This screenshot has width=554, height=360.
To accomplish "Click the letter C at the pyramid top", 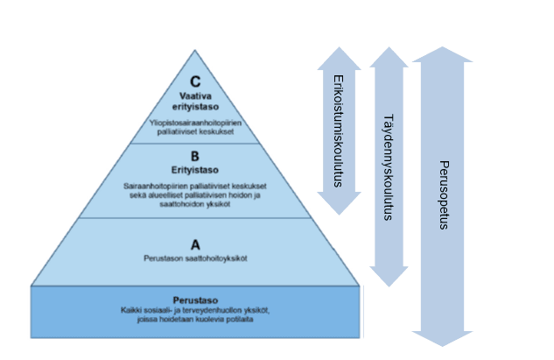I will click(195, 82).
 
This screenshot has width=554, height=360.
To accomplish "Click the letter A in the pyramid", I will click(195, 245).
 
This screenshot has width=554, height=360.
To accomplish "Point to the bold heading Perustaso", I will click(195, 300).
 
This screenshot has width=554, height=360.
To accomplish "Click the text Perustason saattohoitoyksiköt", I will click(195, 258).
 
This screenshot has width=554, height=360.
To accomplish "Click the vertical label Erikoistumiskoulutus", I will click(338, 131).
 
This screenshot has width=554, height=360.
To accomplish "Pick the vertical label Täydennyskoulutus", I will click(389, 166).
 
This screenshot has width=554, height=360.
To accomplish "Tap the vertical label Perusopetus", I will click(443, 194).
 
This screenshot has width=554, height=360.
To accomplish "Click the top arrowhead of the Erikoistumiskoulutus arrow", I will click(339, 58).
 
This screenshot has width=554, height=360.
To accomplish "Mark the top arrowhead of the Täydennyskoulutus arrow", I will click(389, 58).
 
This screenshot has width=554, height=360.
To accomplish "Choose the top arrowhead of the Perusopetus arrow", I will click(443, 55).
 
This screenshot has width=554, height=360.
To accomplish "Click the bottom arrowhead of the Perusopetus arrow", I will click(443, 337).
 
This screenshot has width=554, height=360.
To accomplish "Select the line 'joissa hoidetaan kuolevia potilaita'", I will click(195, 320).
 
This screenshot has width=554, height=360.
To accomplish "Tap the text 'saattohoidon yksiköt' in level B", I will click(195, 204).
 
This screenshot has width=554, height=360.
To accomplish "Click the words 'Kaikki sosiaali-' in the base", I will click(144, 310).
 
